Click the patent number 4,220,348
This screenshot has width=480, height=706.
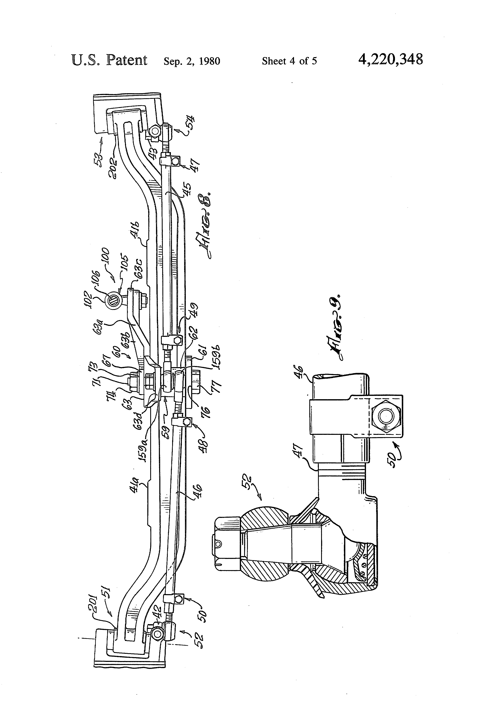coord(390,59)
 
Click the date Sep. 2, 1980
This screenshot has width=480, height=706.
coord(192,61)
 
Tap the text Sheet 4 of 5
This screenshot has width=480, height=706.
coord(289,61)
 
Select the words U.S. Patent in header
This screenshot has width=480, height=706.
coord(109,60)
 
